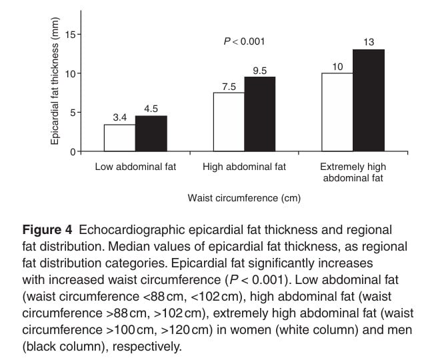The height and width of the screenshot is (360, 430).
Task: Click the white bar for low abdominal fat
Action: pyautogui.click(x=119, y=138)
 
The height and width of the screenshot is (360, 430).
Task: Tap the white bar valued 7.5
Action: pyautogui.click(x=229, y=122)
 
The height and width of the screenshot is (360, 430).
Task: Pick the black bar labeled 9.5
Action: pyautogui.click(x=259, y=114)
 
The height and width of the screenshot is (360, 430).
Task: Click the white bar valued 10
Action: pyautogui.click(x=337, y=112)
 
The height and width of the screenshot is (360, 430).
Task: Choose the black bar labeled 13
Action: pyautogui.click(x=369, y=100)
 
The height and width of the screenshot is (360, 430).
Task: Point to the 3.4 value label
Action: pyautogui.click(x=120, y=117)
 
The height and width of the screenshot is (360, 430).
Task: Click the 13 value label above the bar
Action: pyautogui.click(x=369, y=42)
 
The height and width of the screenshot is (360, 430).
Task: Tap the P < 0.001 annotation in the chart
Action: pyautogui.click(x=244, y=41)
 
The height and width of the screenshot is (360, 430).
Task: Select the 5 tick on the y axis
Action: pyautogui.click(x=75, y=112)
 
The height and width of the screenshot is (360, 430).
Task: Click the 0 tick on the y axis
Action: pyautogui.click(x=75, y=151)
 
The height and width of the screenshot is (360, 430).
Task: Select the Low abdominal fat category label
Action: pyautogui.click(x=136, y=167)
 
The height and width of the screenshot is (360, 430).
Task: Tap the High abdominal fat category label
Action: pyautogui.click(x=244, y=167)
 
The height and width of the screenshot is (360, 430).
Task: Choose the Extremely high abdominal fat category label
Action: pyautogui.click(x=353, y=172)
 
